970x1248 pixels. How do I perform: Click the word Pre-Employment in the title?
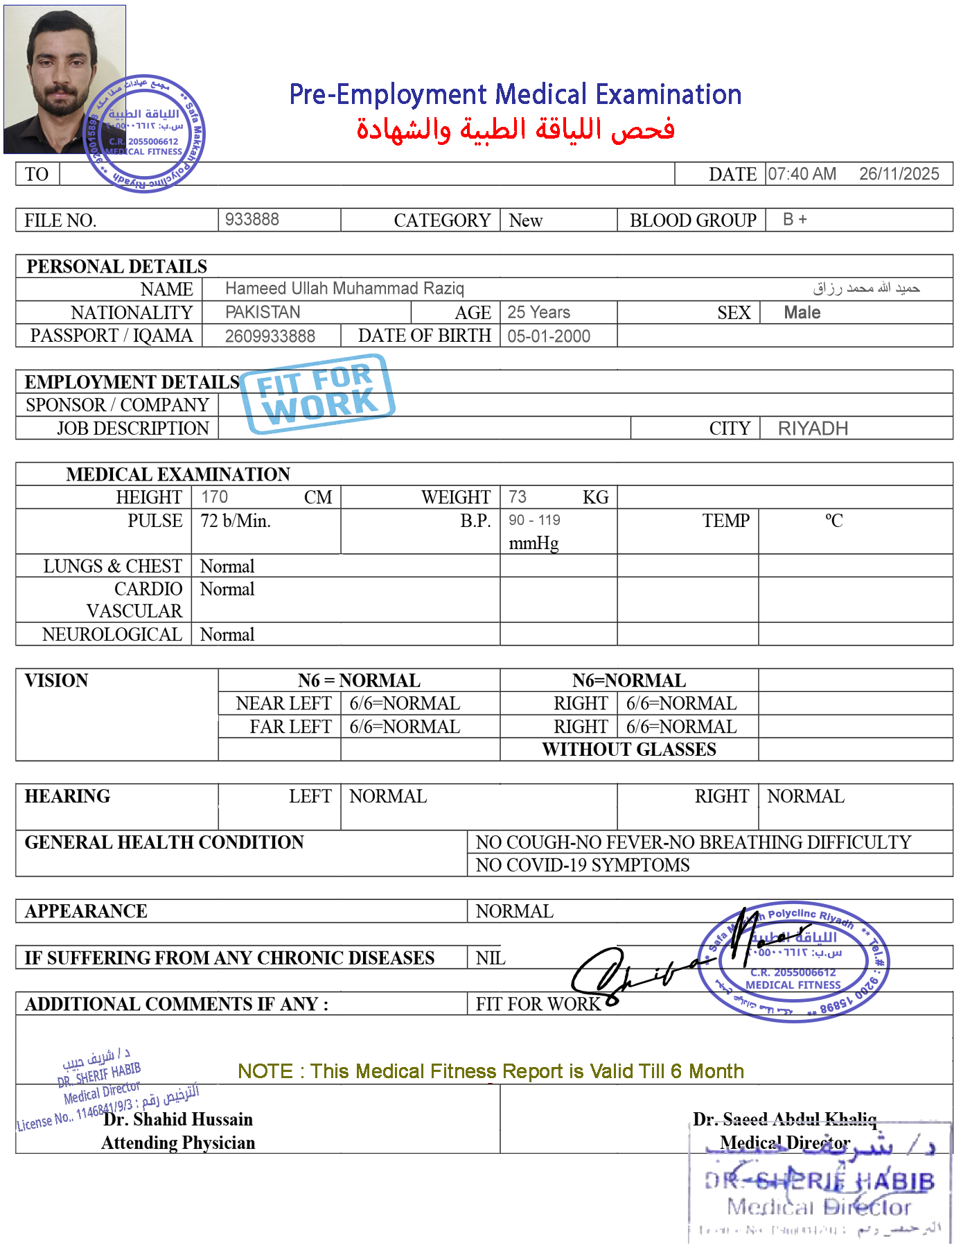pyautogui.click(x=388, y=94)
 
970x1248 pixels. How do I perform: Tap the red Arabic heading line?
pyautogui.click(x=515, y=130)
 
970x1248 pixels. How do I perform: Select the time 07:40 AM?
pyautogui.click(x=802, y=174)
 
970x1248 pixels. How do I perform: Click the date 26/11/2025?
pyautogui.click(x=899, y=174)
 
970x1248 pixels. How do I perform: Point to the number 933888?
pyautogui.click(x=252, y=219)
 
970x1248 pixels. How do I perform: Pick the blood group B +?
pyautogui.click(x=795, y=219)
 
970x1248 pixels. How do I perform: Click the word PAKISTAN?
pyautogui.click(x=263, y=312)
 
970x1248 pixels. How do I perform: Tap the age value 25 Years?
pyautogui.click(x=538, y=312)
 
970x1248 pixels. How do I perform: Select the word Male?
pyautogui.click(x=802, y=313)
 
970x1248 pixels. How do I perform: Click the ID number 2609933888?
pyautogui.click(x=270, y=336)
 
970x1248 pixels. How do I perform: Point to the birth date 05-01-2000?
pyautogui.click(x=549, y=336)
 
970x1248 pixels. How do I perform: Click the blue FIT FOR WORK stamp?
pyautogui.click(x=317, y=394)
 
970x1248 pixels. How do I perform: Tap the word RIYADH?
pyautogui.click(x=813, y=428)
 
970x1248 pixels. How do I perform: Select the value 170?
pyautogui.click(x=214, y=496)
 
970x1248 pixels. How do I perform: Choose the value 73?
pyautogui.click(x=518, y=496)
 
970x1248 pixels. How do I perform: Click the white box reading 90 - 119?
pyautogui.click(x=540, y=521)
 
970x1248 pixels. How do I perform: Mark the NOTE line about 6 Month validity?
pyautogui.click(x=490, y=1071)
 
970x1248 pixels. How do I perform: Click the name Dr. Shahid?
pyautogui.click(x=145, y=1119)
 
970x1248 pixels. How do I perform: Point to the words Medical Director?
pyautogui.click(x=785, y=1142)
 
